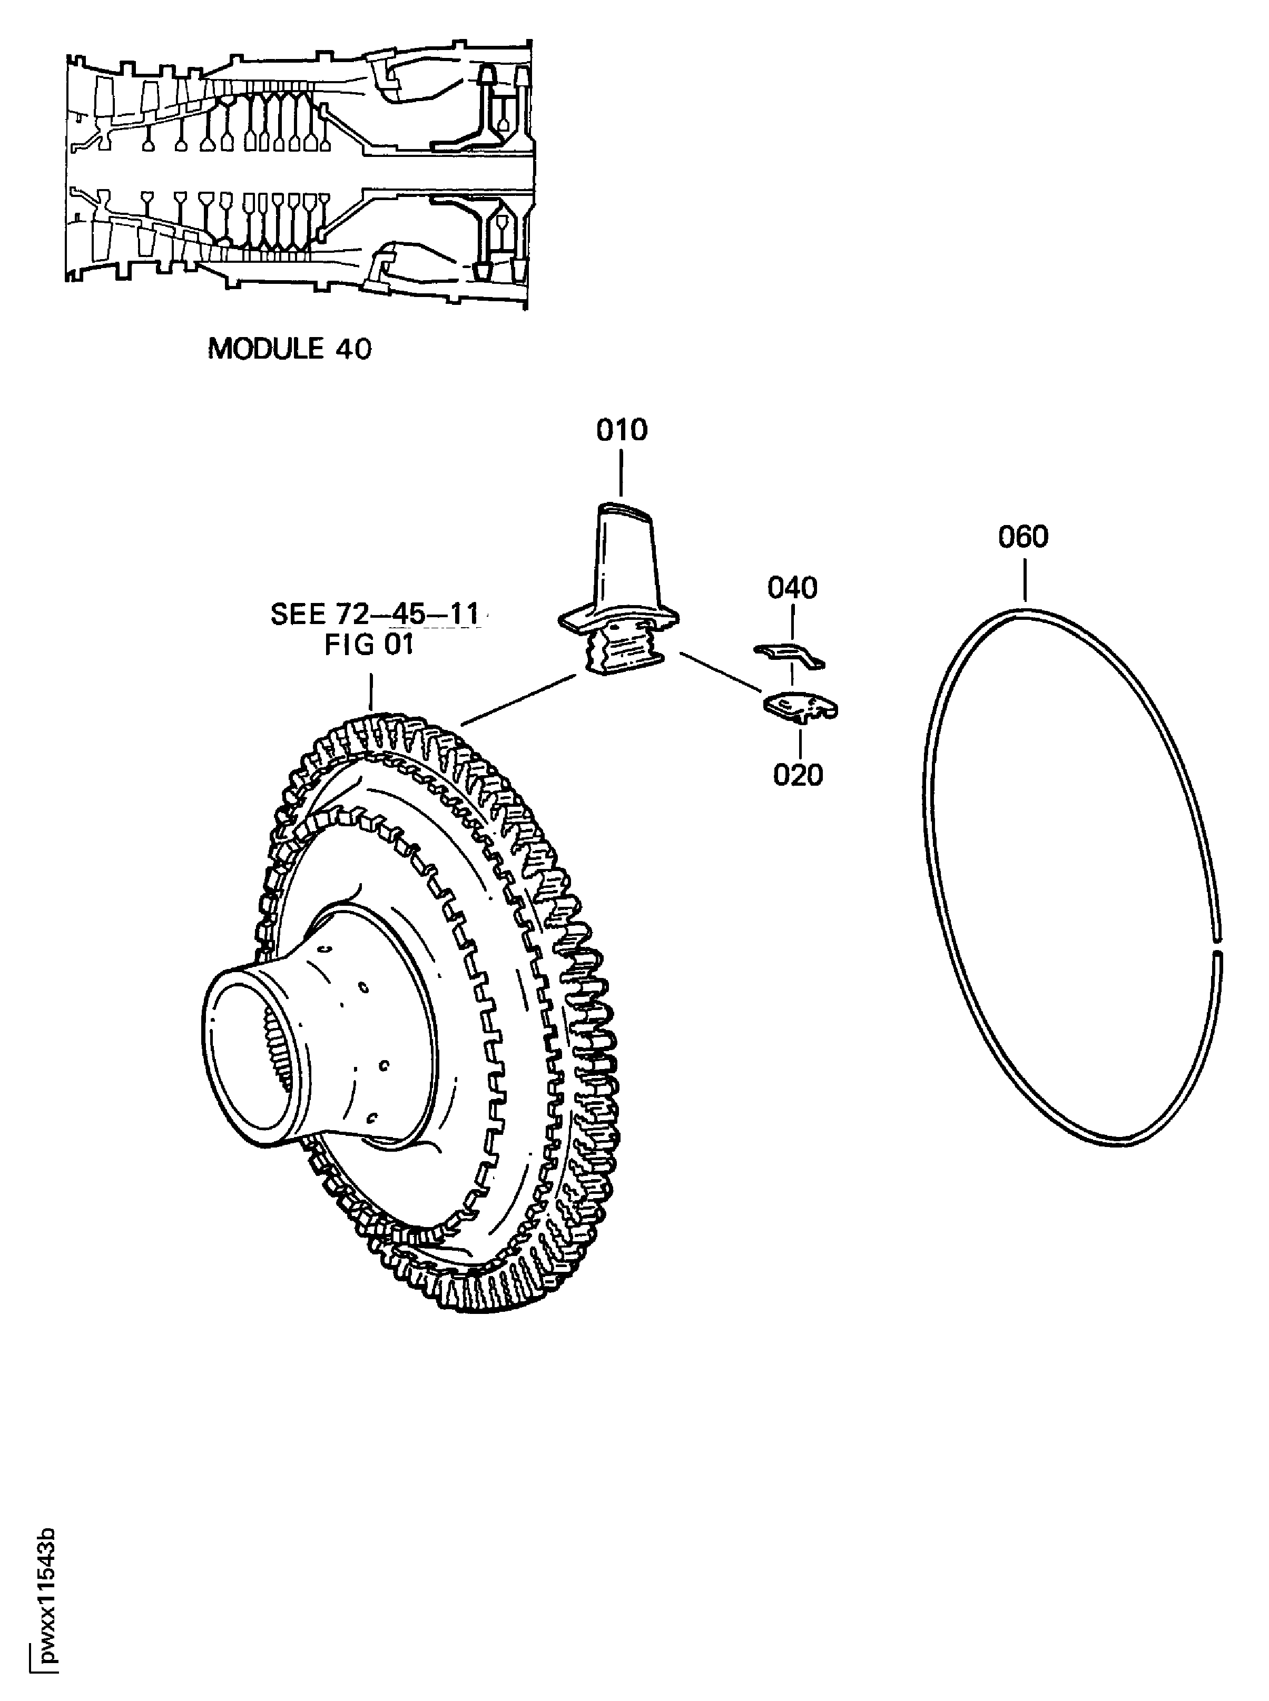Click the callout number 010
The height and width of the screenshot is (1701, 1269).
pos(622,431)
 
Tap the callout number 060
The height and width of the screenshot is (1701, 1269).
pos(1022,537)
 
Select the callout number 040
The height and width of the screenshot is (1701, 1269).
pos(792,588)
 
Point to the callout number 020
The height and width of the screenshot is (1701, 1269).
pos(798,775)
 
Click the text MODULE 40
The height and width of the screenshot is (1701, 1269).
pos(290,349)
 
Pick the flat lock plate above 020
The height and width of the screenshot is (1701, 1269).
pos(800,707)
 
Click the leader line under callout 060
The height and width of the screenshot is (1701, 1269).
pos(1025,580)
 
